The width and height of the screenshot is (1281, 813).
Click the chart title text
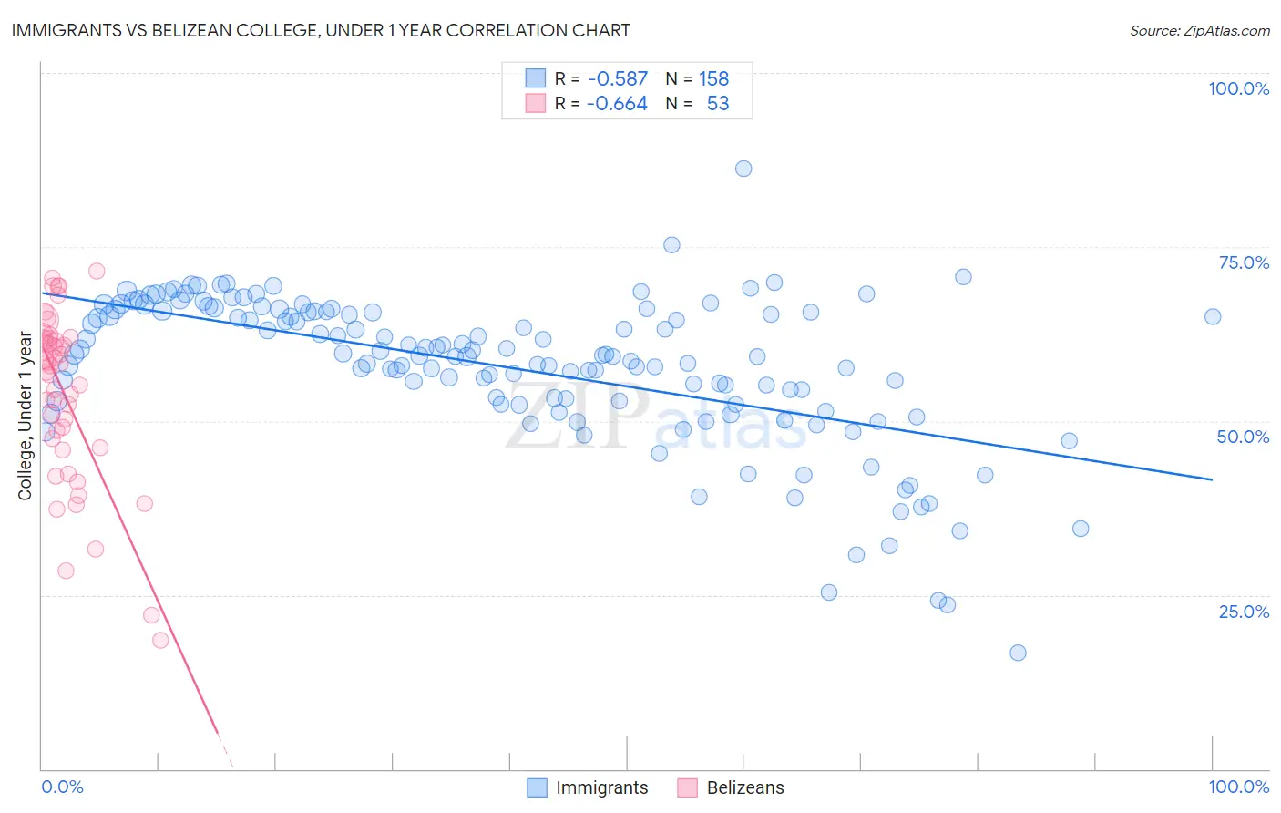[x=321, y=30]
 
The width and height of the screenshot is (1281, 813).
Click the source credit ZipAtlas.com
[x=1199, y=30]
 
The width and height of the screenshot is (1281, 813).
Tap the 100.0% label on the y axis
[x=1238, y=88]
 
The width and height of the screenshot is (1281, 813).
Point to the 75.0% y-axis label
[x=1244, y=262]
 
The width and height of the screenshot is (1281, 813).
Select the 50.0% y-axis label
[x=1243, y=437]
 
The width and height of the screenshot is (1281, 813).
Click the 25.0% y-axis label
[x=1244, y=612]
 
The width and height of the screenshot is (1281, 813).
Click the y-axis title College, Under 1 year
[x=26, y=417]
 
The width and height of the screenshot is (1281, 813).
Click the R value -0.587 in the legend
[x=618, y=79]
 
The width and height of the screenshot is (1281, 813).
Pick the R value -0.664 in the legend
[x=617, y=104]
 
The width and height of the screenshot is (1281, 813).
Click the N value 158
[x=713, y=79]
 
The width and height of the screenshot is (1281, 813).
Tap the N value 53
[x=718, y=104]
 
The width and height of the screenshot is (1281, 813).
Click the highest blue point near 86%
[x=743, y=169]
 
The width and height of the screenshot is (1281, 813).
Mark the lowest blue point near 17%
[x=1018, y=653]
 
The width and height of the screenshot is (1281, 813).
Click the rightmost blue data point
[x=1213, y=316]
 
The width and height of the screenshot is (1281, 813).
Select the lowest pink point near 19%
[x=160, y=640]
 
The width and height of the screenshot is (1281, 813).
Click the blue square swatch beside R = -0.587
[x=535, y=79]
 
